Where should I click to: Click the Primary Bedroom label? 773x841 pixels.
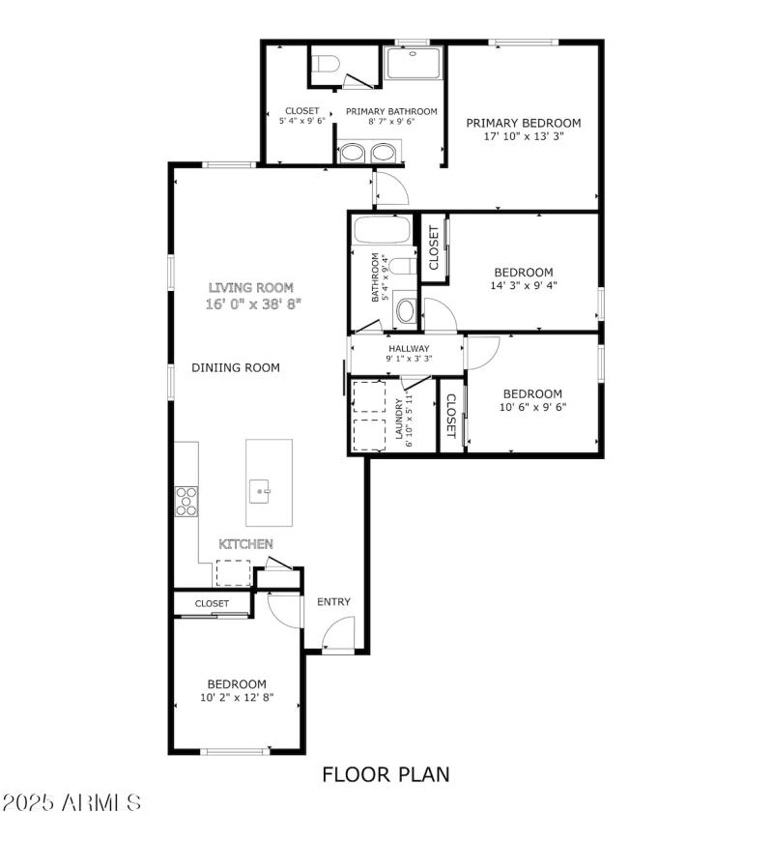coord(524,123)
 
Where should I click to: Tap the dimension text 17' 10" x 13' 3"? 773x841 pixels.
coord(524,137)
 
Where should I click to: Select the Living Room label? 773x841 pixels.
coord(251,287)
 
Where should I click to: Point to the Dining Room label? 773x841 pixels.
coord(236,367)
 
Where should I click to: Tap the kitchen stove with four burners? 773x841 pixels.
coord(186,500)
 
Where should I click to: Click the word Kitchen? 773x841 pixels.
coord(245,544)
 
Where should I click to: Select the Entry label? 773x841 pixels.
coord(334,602)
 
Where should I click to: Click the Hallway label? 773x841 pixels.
coord(409,348)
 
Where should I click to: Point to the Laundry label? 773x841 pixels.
coord(397,420)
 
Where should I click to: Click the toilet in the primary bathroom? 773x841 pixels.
coord(325,65)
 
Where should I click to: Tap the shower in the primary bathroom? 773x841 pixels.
coord(414,63)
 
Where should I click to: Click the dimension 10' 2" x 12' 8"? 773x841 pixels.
coord(237,697)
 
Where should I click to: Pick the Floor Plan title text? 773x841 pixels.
coord(386,773)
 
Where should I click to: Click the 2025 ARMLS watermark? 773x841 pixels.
coord(72,803)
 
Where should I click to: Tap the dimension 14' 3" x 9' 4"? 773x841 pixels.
coord(524,285)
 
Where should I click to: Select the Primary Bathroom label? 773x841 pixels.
coord(391,111)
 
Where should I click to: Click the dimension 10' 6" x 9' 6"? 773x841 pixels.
coord(532,407)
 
